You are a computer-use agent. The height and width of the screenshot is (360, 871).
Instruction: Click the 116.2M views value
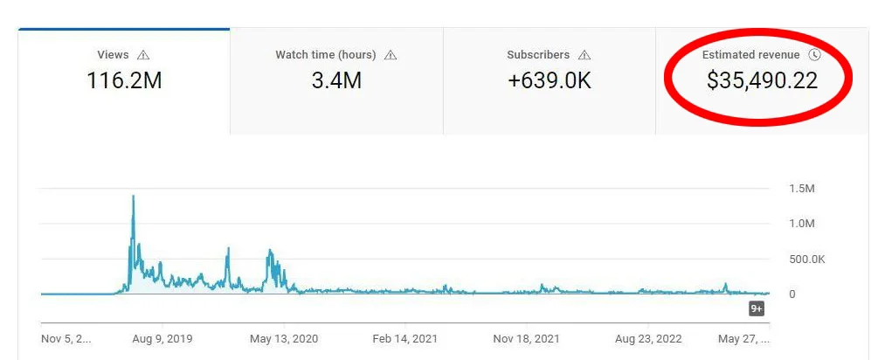click(x=124, y=81)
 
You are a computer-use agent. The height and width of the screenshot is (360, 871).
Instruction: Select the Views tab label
click(x=113, y=55)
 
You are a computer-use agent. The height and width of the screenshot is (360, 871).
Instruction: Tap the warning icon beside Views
click(x=143, y=55)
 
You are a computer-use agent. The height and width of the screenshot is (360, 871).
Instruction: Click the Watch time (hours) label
click(x=325, y=55)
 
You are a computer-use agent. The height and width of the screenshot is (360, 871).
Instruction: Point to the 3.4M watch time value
click(x=336, y=81)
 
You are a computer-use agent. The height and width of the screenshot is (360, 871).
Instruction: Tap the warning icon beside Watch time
click(x=391, y=55)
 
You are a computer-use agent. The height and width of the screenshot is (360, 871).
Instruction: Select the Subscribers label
click(x=538, y=55)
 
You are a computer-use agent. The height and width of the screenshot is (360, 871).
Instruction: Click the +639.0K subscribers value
click(x=550, y=81)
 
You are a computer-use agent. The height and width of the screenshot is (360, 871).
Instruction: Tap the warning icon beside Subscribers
click(x=584, y=55)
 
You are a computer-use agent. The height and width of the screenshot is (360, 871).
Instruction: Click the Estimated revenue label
click(x=751, y=55)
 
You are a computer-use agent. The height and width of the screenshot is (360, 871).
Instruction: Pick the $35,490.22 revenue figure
click(x=762, y=81)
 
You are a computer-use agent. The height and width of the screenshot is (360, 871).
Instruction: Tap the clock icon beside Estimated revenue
click(x=815, y=55)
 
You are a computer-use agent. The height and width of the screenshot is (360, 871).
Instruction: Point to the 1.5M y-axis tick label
click(x=802, y=189)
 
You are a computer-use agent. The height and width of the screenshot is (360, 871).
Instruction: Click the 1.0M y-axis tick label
click(x=802, y=224)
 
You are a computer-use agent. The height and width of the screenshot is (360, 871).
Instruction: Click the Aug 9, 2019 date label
click(x=161, y=338)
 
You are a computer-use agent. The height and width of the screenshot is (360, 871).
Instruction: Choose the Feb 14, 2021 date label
click(x=404, y=338)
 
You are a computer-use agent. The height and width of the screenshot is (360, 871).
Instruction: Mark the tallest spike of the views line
click(x=133, y=197)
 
